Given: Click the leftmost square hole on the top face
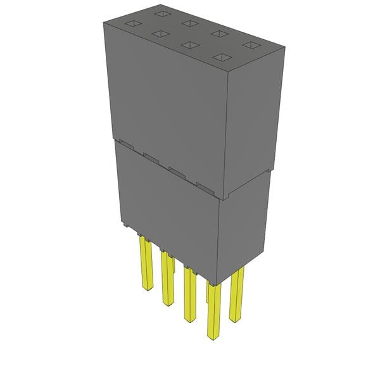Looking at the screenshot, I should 131,23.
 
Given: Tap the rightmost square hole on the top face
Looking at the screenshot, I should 251,46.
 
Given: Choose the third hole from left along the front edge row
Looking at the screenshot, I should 189,46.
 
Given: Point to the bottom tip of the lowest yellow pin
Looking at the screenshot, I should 215,336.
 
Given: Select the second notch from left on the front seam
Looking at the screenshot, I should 151,156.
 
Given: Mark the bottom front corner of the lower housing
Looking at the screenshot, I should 217,284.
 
